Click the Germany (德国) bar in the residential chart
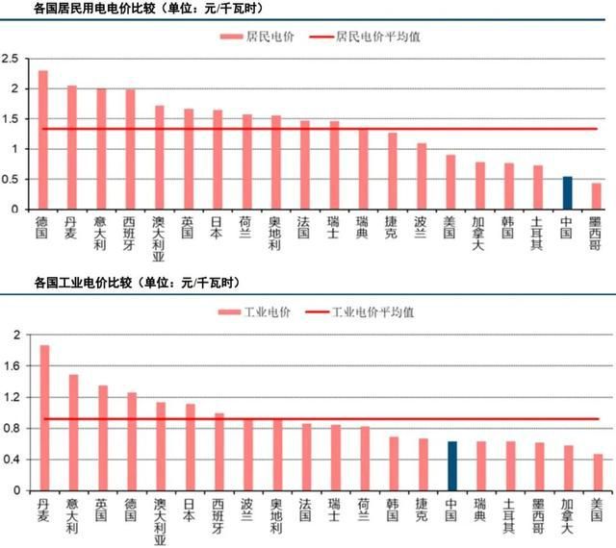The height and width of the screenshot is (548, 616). click(42, 139)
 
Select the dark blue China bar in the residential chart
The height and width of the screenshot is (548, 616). click(568, 192)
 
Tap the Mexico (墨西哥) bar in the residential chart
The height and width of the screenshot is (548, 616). click(597, 196)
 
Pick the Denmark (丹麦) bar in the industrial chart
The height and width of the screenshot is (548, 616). click(44, 418)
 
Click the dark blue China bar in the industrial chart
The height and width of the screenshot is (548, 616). click(452, 466)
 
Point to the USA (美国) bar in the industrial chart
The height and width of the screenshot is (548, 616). click(598, 472)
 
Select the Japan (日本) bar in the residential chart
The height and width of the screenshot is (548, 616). click(218, 159)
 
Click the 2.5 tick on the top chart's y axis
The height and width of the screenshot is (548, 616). click(11, 60)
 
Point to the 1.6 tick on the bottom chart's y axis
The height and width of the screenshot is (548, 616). click(12, 366)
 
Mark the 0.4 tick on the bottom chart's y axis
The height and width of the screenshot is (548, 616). click(12, 460)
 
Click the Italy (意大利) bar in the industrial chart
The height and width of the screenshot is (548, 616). click(73, 433)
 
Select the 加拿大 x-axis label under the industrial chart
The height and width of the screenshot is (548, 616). click(568, 515)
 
